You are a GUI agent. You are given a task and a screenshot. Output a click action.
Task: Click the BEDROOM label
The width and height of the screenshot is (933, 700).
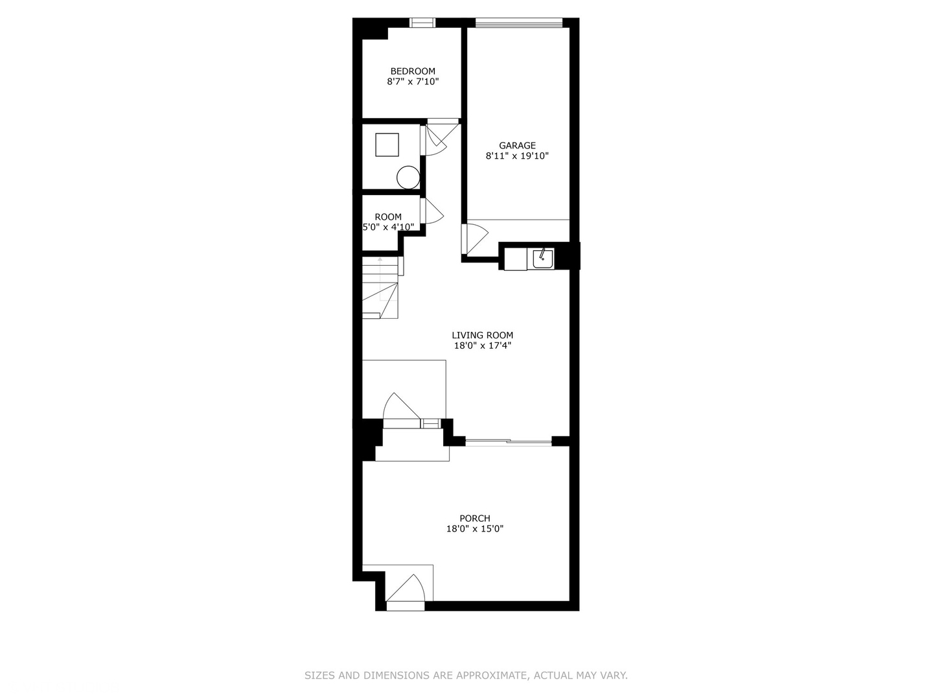tap(413, 71)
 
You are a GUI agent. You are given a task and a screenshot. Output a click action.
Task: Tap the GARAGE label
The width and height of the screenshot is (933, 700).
tap(517, 146)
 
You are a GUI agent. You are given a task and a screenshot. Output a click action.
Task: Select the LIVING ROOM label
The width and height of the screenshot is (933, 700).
tap(482, 335)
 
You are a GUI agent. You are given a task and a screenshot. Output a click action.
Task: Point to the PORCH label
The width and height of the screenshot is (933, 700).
tap(475, 519)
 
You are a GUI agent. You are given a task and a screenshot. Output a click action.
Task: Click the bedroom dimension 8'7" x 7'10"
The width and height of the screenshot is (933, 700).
tap(413, 82)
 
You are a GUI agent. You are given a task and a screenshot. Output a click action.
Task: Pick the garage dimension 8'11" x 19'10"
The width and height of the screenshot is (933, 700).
tap(517, 156)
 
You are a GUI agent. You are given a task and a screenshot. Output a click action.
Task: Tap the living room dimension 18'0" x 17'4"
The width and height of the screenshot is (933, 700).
tap(482, 346)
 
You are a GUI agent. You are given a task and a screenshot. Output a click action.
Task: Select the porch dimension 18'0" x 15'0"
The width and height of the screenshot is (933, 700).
tap(475, 529)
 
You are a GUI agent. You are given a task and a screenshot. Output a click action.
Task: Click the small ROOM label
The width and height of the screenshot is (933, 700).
tap(388, 217)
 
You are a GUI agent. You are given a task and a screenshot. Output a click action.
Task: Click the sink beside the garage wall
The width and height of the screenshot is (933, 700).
tap(542, 258)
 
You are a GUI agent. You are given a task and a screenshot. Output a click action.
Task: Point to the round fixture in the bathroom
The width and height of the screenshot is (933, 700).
tap(408, 178)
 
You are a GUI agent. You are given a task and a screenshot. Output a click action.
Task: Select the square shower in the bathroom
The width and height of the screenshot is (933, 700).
tap(387, 145)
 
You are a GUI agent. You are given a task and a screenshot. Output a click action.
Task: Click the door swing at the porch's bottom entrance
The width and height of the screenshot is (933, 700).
tap(406, 591)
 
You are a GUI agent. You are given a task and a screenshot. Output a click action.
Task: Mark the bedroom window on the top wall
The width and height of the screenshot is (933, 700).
tap(422, 23)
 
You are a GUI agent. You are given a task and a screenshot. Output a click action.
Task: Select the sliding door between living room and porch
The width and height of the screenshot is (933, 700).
tap(509, 442)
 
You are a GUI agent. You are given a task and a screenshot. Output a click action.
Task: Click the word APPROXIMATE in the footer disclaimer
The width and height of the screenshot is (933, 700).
tap(491, 675)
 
